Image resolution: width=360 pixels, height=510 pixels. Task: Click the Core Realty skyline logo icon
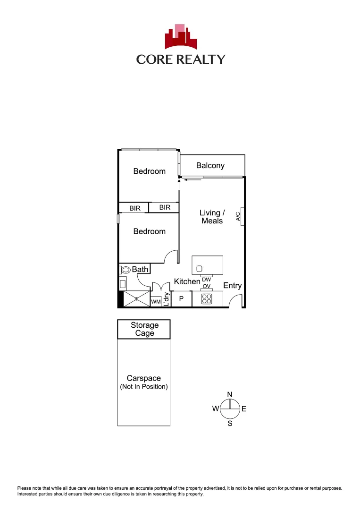[180, 37]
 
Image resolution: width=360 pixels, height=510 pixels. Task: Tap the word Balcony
[210, 165]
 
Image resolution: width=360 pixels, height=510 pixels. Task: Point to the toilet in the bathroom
[126, 270]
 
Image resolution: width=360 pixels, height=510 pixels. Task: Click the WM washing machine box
[156, 301]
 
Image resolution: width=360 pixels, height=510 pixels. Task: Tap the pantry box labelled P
[181, 299]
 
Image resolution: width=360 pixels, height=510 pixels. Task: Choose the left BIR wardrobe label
[135, 208]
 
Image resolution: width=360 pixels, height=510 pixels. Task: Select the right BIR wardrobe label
[165, 207]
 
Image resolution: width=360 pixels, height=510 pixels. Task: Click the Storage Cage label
[144, 329]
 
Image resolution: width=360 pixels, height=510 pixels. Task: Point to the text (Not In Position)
[144, 387]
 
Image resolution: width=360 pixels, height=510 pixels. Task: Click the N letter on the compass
[230, 395]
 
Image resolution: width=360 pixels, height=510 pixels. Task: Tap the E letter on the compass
[244, 409]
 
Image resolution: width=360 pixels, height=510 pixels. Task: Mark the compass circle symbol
[230, 409]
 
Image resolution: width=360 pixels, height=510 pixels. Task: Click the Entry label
[232, 285]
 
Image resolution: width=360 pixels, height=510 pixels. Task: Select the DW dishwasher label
[206, 280]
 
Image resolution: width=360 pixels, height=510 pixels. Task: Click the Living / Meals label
[212, 217]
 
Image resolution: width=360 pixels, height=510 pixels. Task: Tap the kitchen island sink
[200, 268]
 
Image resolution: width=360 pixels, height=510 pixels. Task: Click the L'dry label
[166, 300]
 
